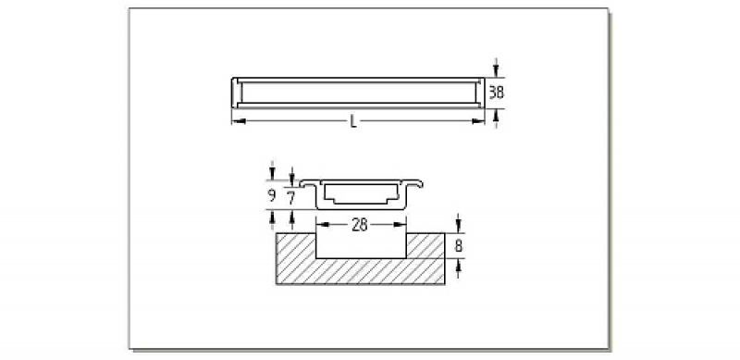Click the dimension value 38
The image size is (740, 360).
tap(496, 93)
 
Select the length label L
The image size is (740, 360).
tap(353, 121)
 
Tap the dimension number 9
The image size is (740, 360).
tap(272, 195)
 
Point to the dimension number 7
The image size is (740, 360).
tap(291, 198)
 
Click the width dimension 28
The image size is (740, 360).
tap(360, 225)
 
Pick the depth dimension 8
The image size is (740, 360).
tap(458, 246)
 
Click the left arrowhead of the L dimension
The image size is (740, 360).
tap(239, 121)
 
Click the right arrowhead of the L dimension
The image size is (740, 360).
tap(478, 121)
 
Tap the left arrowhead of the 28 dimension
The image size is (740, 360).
tap(322, 224)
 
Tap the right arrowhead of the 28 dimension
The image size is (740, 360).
tap(400, 224)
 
